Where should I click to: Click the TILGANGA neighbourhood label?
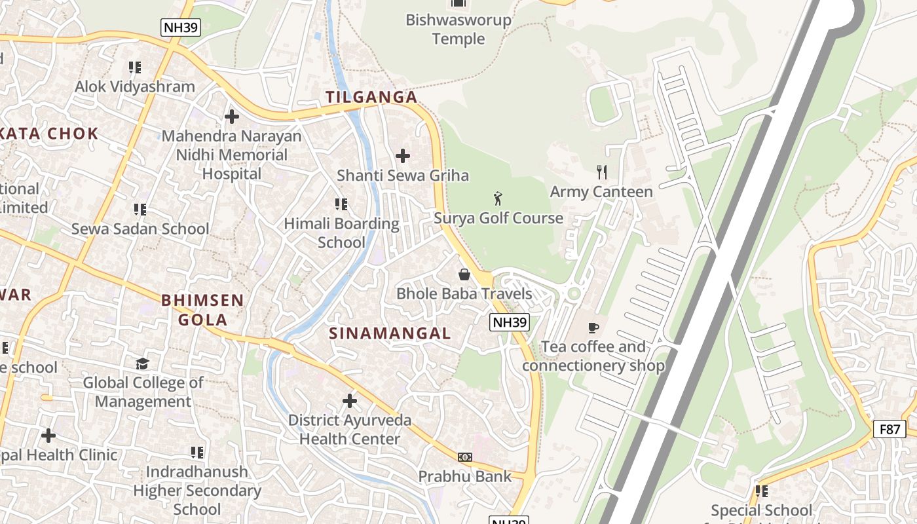point(371,97)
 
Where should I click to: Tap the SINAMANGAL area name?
point(390,333)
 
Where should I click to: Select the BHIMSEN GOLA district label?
point(202,310)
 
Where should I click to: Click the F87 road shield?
point(889,429)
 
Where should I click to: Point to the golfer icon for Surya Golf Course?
point(498,198)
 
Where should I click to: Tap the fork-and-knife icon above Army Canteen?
point(601,172)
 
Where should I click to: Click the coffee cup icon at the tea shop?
point(593,327)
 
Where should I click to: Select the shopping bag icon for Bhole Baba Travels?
point(464,274)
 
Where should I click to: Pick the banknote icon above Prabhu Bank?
point(464,457)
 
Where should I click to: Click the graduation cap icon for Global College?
point(142,363)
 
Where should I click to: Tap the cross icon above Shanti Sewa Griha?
point(403,156)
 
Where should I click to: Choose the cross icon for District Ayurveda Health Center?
point(350,400)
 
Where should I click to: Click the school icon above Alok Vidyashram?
point(135,67)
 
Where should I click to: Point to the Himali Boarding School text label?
point(341,233)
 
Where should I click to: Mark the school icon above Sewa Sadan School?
point(140,209)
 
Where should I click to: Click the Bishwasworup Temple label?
point(458,29)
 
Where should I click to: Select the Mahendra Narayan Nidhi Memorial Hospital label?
point(232,155)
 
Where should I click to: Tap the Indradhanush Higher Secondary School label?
point(197,490)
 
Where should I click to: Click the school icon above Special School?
point(761,491)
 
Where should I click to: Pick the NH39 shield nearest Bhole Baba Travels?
point(509,322)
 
